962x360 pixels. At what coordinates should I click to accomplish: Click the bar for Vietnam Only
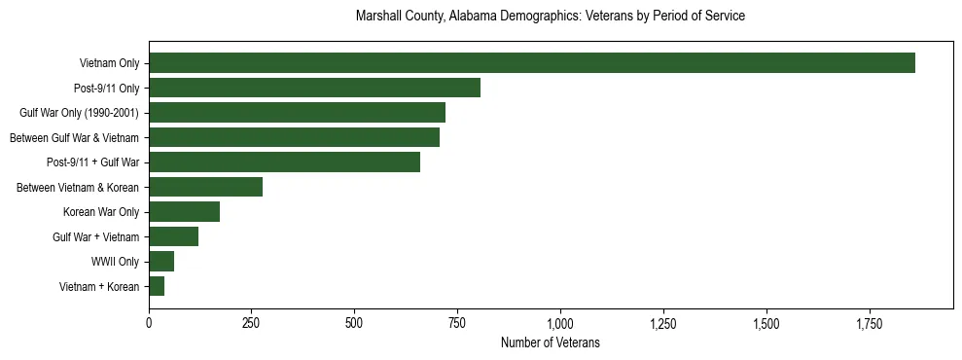pos(531,63)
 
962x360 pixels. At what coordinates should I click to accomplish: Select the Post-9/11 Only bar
pos(314,88)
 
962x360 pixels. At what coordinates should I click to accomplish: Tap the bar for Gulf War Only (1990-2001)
pos(297,113)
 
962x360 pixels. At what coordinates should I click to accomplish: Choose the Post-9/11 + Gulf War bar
pos(284,162)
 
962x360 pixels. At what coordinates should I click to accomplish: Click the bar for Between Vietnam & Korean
pos(205,187)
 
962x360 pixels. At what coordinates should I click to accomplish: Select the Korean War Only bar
pos(184,212)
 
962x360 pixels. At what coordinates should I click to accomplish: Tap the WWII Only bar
pos(161,262)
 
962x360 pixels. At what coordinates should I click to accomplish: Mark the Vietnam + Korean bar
pos(157,286)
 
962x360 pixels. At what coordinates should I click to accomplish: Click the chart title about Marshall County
pos(551,17)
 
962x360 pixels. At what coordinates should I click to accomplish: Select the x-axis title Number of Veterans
pos(551,343)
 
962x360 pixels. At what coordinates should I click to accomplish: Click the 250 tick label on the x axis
pos(252,322)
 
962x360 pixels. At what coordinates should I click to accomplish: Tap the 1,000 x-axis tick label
pos(560,322)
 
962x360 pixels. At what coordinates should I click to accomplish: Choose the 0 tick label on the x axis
pos(149,322)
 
